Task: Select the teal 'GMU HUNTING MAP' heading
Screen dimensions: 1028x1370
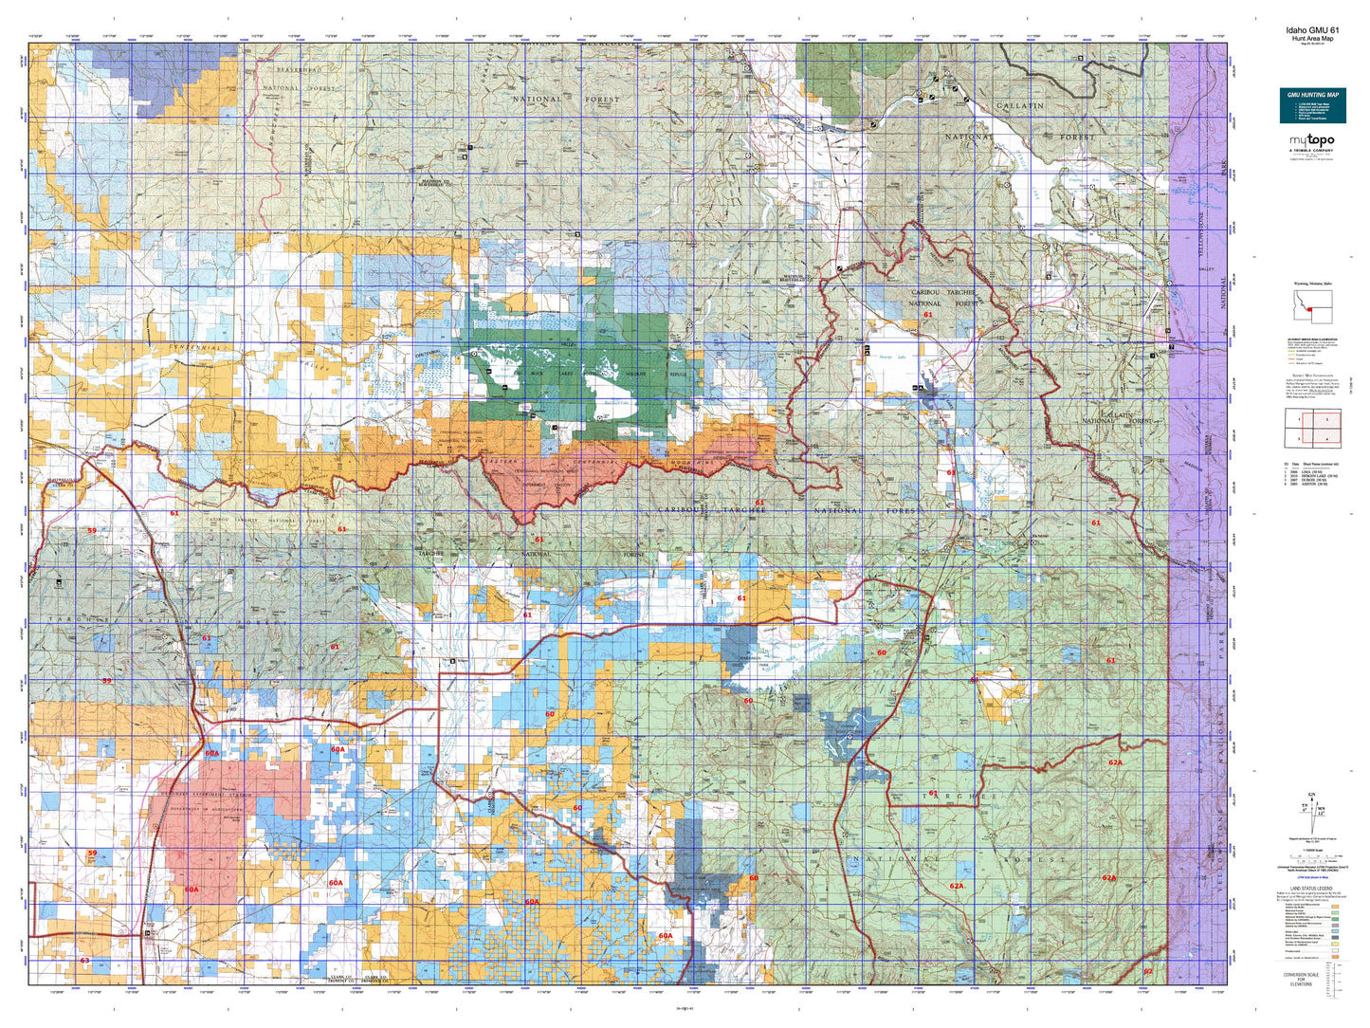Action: pyautogui.click(x=1312, y=95)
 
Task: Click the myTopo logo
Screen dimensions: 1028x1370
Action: pyautogui.click(x=1311, y=141)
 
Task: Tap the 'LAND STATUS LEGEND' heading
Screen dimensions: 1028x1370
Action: pyautogui.click(x=1311, y=888)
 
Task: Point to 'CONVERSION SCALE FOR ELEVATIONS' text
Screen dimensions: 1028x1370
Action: pyautogui.click(x=1300, y=979)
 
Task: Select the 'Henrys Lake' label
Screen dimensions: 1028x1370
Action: pyautogui.click(x=893, y=358)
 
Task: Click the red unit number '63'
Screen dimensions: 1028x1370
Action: pyautogui.click(x=84, y=961)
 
